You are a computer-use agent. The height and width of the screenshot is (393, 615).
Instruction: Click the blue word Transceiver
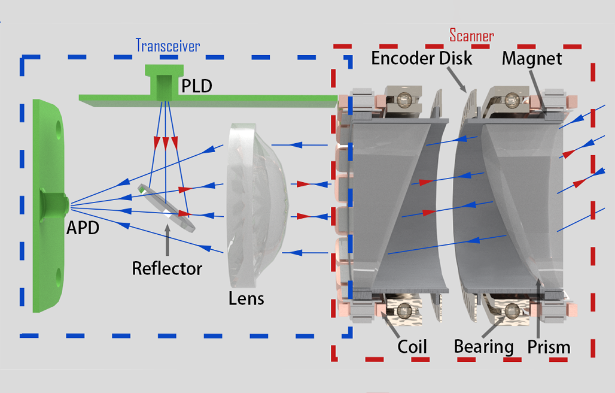click(x=168, y=46)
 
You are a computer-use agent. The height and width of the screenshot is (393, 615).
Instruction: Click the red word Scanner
click(x=471, y=36)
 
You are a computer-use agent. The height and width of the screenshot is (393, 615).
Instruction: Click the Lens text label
click(x=246, y=298)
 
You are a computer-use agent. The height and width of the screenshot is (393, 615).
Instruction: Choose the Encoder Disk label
click(x=422, y=58)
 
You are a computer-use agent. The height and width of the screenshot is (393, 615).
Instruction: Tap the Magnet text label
click(x=532, y=59)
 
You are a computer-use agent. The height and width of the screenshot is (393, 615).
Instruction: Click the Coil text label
click(x=412, y=347)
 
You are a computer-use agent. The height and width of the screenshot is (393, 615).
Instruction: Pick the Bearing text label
click(x=484, y=347)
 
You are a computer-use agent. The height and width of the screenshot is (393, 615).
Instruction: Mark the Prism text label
click(x=549, y=347)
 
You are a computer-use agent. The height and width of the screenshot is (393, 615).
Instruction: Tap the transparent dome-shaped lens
click(x=257, y=204)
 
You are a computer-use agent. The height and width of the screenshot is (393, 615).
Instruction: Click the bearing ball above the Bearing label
click(x=512, y=311)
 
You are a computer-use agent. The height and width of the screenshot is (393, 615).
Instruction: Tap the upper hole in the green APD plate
click(x=59, y=127)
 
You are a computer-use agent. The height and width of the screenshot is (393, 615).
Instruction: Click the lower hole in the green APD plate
click(x=59, y=275)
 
